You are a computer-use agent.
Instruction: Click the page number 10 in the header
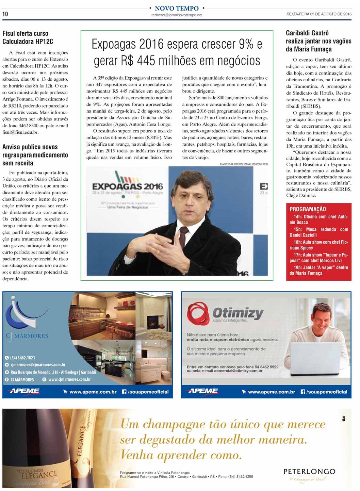(5, 14)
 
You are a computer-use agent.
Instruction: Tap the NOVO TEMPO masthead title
(177, 8)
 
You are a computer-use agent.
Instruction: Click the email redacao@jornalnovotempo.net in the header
(177, 15)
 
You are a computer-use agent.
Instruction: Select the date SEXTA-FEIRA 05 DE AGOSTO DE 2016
(319, 14)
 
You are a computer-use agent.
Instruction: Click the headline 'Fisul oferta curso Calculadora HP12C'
(28, 37)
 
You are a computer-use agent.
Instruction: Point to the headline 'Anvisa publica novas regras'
(35, 155)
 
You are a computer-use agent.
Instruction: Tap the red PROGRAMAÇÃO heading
(308, 209)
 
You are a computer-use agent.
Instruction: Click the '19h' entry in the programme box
(297, 268)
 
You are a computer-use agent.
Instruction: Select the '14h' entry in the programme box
(297, 217)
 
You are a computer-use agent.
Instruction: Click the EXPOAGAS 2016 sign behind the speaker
(127, 186)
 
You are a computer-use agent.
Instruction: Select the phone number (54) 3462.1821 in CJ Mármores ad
(22, 358)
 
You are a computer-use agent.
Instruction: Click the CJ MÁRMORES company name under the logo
(27, 336)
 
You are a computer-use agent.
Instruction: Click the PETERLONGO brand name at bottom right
(309, 472)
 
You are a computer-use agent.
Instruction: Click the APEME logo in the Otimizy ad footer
(202, 392)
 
